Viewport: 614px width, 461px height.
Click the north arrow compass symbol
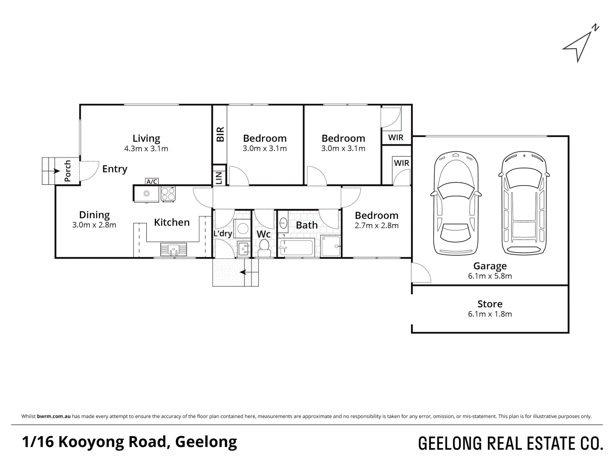point(579,45)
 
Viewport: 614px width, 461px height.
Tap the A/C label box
point(152,181)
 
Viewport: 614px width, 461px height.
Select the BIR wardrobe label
point(220,134)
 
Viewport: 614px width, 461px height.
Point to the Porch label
point(67,171)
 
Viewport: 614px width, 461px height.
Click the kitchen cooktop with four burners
point(168,194)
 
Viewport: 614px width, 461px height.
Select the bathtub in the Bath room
point(296,248)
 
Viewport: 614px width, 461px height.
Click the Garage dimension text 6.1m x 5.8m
point(490,276)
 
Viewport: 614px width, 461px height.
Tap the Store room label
point(490,304)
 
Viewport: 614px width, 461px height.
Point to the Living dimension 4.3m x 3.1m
point(146,149)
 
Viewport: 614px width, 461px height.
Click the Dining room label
point(94,215)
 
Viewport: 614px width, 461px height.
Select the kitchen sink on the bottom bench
point(173,249)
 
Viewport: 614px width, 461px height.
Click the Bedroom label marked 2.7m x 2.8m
point(377,216)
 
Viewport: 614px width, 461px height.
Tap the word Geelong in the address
point(206,442)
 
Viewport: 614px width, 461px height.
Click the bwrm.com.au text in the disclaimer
point(54,416)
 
